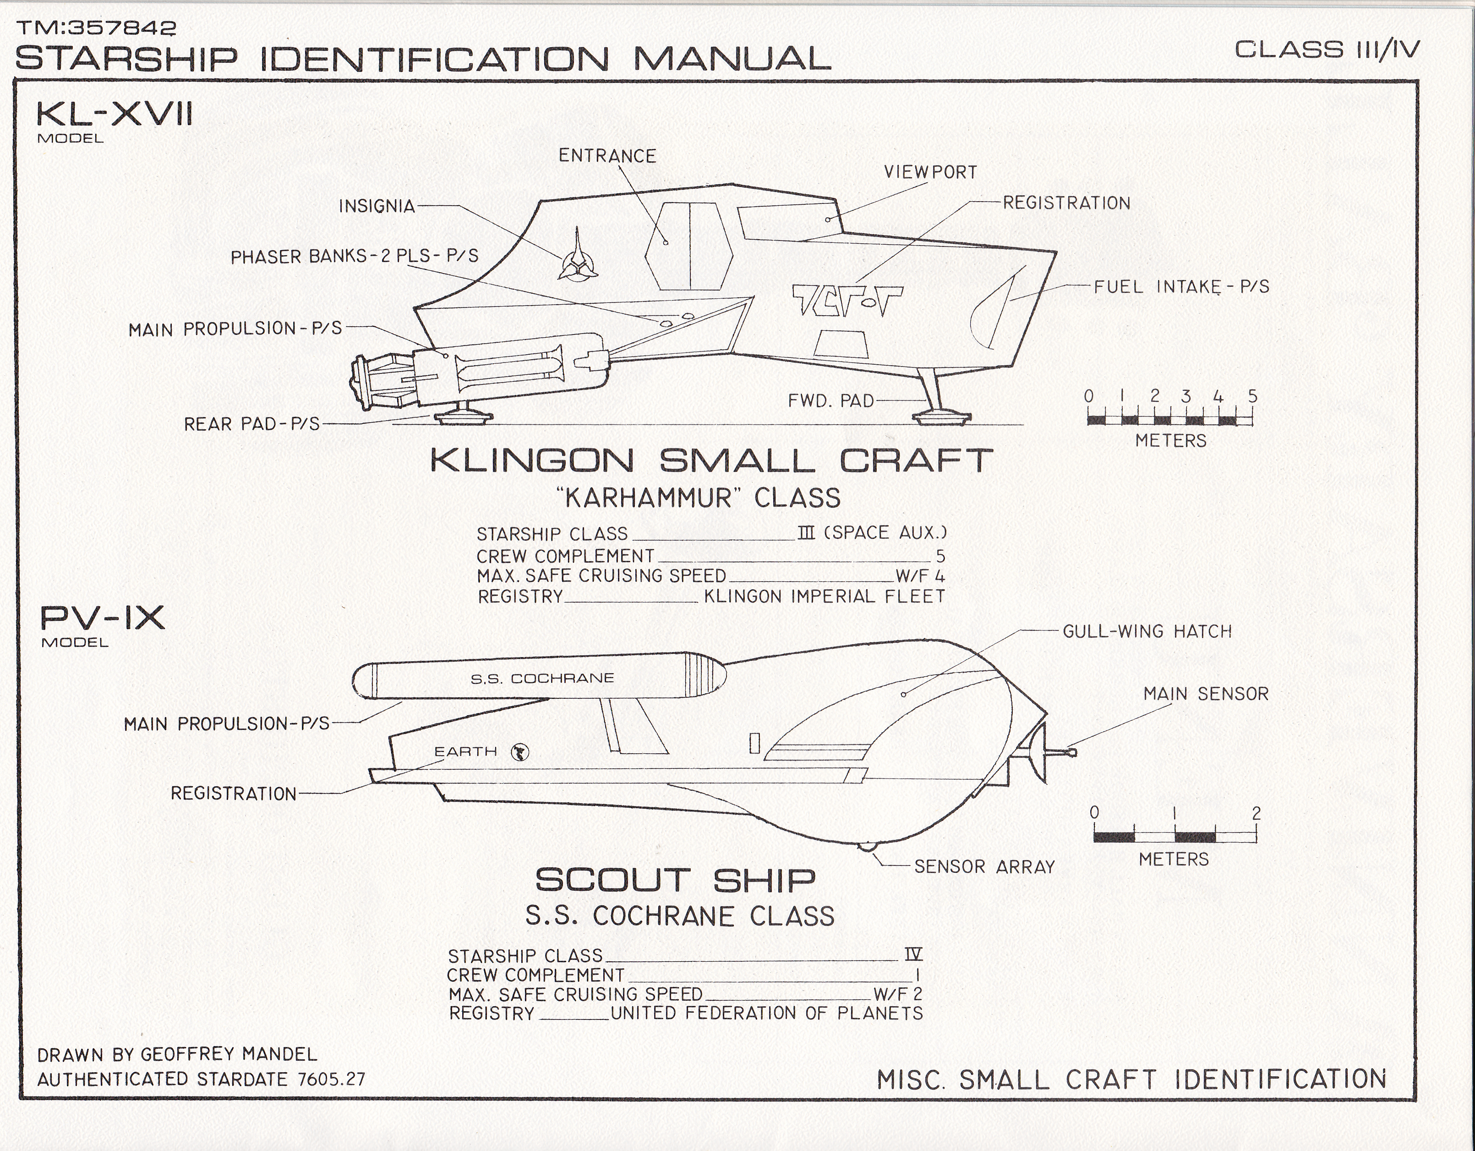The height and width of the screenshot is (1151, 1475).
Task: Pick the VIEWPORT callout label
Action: click(930, 173)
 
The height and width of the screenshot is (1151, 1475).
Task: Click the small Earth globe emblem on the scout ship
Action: click(520, 752)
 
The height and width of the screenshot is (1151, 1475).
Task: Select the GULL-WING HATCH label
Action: click(1147, 631)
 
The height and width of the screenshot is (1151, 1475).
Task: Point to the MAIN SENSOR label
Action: click(1206, 694)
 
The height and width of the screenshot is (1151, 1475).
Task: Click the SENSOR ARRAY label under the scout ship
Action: click(984, 866)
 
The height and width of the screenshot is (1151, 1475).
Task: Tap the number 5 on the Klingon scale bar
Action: click(1252, 396)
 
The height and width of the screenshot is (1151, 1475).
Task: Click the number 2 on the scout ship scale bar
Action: click(1256, 813)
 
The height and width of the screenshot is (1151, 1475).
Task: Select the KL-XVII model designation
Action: click(114, 115)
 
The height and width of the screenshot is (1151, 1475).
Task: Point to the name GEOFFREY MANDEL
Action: click(228, 1054)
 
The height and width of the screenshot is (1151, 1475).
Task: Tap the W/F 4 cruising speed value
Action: click(920, 576)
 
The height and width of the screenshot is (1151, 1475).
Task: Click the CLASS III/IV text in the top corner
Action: click(1327, 50)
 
